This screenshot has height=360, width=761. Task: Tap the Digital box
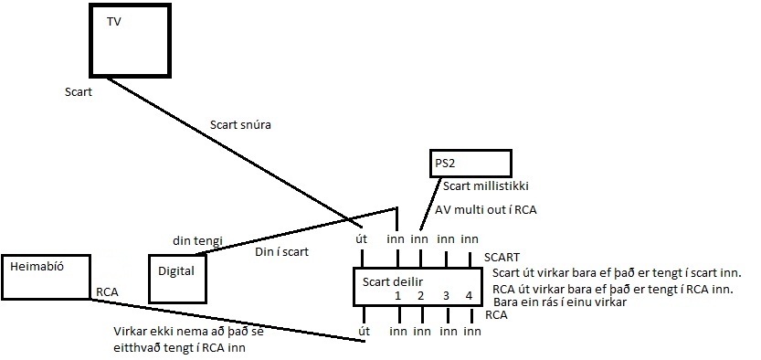pos(178,272)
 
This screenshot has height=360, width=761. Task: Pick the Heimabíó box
pos(47,277)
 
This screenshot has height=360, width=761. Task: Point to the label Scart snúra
pos(241,125)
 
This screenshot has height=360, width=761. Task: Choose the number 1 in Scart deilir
pos(397,296)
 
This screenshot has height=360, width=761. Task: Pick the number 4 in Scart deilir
pos(469,296)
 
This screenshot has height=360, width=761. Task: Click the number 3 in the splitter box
pos(446,296)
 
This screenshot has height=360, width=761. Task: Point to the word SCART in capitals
pos(502,258)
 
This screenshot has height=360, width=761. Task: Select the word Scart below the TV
pos(78,92)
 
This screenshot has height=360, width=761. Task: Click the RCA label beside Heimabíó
pos(107,293)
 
